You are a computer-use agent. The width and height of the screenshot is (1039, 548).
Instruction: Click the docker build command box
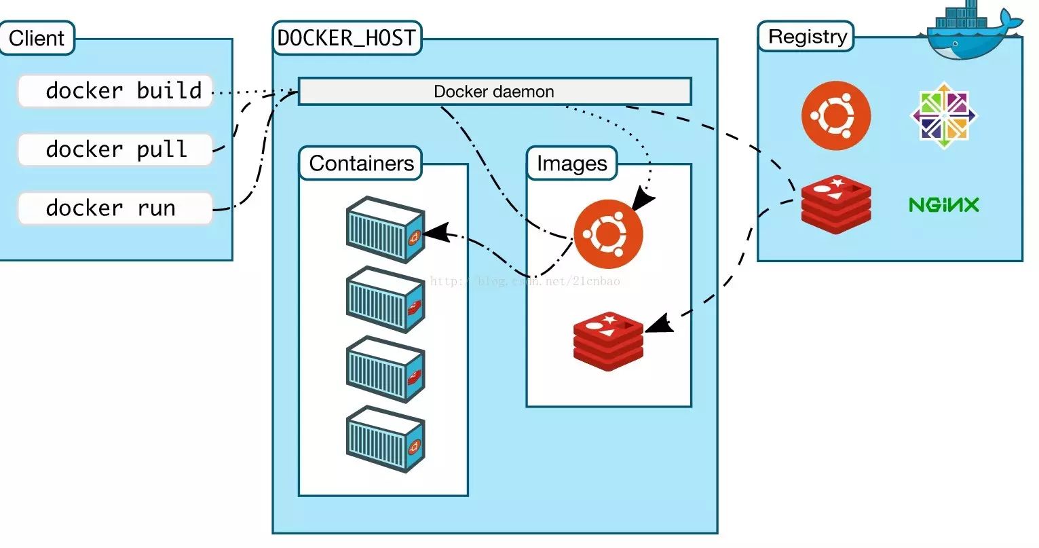pyautogui.click(x=115, y=91)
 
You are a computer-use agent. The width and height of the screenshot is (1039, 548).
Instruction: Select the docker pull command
pyautogui.click(x=115, y=149)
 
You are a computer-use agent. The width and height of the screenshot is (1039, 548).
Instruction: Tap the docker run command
pyautogui.click(x=115, y=208)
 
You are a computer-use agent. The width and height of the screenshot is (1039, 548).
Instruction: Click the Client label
pyautogui.click(x=37, y=38)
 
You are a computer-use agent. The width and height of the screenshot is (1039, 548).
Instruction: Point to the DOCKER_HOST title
pyautogui.click(x=347, y=38)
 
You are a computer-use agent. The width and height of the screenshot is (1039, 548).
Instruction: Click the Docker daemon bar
pyautogui.click(x=495, y=92)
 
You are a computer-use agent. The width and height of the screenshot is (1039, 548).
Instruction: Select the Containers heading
pyautogui.click(x=361, y=164)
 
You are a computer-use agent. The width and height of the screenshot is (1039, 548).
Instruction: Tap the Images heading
pyautogui.click(x=571, y=164)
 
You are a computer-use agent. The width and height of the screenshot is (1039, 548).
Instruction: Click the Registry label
pyautogui.click(x=807, y=37)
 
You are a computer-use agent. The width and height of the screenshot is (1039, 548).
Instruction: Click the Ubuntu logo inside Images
pyautogui.click(x=608, y=234)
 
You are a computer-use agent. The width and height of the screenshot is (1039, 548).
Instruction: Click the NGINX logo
pyautogui.click(x=944, y=204)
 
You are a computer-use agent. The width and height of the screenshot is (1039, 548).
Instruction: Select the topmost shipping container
pyautogui.click(x=385, y=230)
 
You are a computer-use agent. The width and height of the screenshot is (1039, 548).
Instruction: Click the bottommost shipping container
pyautogui.click(x=385, y=439)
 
